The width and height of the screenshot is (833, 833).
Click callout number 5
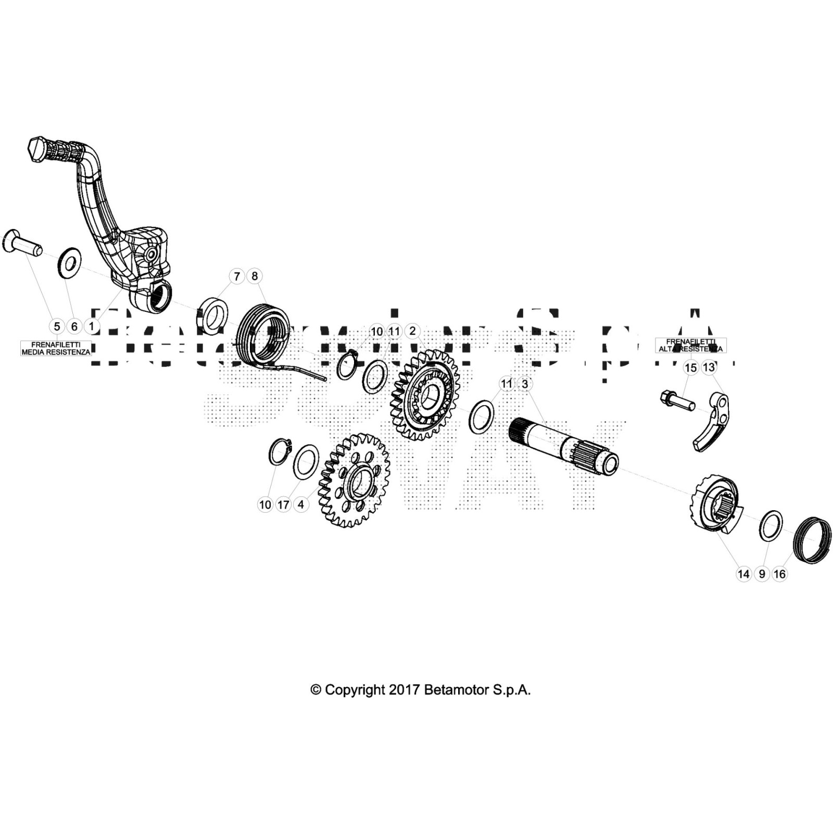pyautogui.click(x=57, y=326)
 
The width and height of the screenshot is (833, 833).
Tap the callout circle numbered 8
pyautogui.click(x=255, y=276)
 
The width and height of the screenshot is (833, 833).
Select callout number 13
pyautogui.click(x=709, y=368)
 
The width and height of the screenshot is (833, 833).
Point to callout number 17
pyautogui.click(x=283, y=504)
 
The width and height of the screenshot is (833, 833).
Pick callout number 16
pyautogui.click(x=779, y=574)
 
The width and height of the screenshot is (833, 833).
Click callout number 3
pyautogui.click(x=525, y=384)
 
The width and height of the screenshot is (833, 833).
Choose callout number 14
pyautogui.click(x=743, y=574)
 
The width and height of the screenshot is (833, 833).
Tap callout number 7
pyautogui.click(x=237, y=276)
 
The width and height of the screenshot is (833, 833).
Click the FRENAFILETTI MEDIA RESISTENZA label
pyautogui.click(x=56, y=348)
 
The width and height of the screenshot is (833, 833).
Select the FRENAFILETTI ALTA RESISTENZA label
pyautogui.click(x=690, y=345)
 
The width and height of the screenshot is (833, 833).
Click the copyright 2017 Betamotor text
pyautogui.click(x=420, y=690)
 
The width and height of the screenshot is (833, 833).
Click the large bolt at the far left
pyautogui.click(x=21, y=244)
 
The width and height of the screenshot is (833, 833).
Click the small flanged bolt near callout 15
pyautogui.click(x=677, y=400)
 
